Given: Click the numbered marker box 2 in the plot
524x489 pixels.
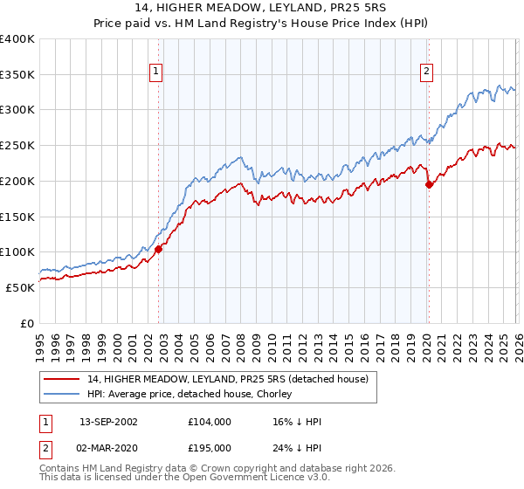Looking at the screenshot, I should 427,72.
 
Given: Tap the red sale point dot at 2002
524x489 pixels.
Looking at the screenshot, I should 158,249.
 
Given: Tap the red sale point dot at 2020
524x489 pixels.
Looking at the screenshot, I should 429,184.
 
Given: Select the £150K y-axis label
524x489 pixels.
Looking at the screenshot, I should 17,217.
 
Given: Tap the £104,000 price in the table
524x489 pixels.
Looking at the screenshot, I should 209,422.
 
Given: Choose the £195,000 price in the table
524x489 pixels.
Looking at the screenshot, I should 209,447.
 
